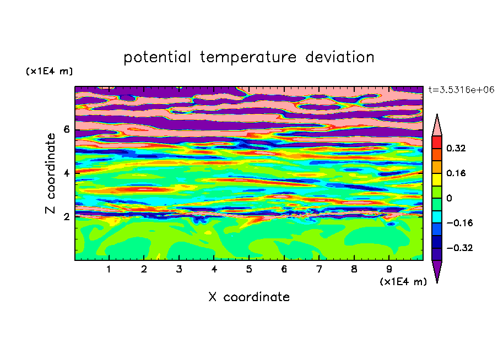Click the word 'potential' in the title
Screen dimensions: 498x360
click(x=157, y=57)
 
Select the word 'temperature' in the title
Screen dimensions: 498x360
click(x=248, y=57)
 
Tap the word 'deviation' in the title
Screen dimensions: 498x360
click(x=340, y=57)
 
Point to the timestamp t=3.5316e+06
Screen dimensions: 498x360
click(x=461, y=90)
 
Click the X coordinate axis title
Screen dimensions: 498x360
click(x=249, y=297)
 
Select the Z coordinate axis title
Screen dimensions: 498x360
click(x=50, y=173)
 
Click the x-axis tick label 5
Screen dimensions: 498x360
click(x=249, y=269)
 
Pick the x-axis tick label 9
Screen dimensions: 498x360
click(x=389, y=269)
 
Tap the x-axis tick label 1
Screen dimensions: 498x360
click(x=109, y=269)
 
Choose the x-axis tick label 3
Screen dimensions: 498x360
click(x=179, y=269)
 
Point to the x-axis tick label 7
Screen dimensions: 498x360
click(x=319, y=269)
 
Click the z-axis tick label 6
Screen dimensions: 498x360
click(x=66, y=129)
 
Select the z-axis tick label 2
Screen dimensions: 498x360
click(x=66, y=217)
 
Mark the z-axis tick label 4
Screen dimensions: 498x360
click(x=66, y=173)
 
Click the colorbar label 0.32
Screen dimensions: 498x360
click(x=456, y=148)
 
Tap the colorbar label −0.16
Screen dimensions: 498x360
click(x=459, y=223)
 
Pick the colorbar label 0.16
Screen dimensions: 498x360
click(x=456, y=173)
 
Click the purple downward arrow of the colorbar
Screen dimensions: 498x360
click(x=437, y=270)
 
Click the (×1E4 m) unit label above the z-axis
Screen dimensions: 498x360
click(x=49, y=71)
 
